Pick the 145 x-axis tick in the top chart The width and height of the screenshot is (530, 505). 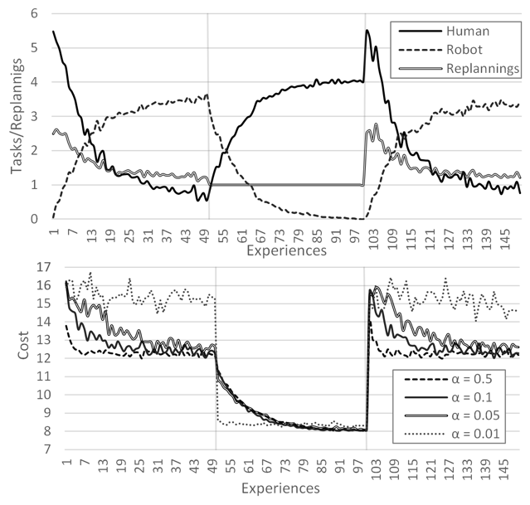coord(508,236)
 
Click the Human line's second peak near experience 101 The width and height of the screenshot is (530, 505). coord(367,31)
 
